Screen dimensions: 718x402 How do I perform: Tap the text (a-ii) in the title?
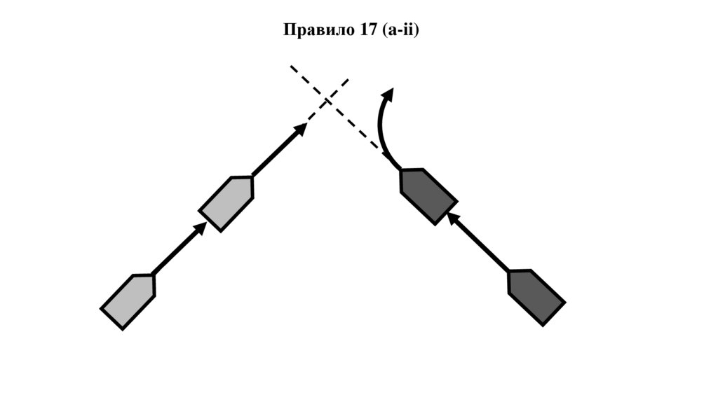pyautogui.click(x=400, y=30)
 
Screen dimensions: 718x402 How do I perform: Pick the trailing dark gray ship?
pyautogui.click(x=535, y=297)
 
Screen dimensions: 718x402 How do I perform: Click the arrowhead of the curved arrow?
pyautogui.click(x=387, y=95)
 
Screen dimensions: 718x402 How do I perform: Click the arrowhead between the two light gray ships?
pyautogui.click(x=201, y=228)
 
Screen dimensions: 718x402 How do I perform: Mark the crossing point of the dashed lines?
pyautogui.click(x=328, y=102)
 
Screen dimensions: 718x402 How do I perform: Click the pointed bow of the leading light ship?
pyautogui.click(x=250, y=179)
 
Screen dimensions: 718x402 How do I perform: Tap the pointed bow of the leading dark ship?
pyautogui.click(x=402, y=172)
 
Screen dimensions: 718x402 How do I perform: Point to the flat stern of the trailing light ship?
pyautogui.click(x=112, y=318)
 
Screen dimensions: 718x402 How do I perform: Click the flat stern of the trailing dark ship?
pyautogui.click(x=553, y=314)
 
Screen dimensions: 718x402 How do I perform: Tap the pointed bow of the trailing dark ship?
pyautogui.click(x=510, y=272)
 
